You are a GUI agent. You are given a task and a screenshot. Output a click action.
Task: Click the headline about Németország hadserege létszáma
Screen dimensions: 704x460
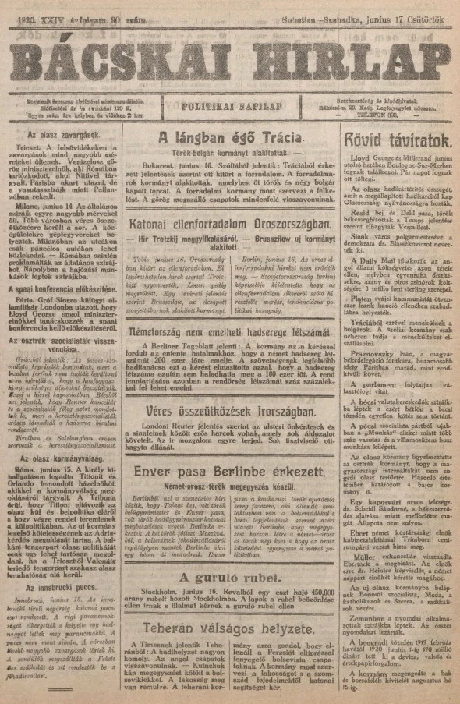tap(229, 330)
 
